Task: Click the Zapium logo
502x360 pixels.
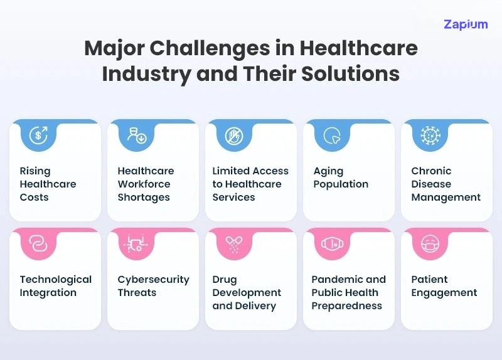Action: click(466, 24)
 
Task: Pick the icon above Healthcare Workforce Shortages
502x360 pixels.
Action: click(136, 135)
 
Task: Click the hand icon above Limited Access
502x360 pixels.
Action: click(234, 135)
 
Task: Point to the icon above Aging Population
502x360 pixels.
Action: click(332, 135)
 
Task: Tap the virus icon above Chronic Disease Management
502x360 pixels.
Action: click(430, 135)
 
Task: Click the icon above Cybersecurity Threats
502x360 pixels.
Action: click(136, 243)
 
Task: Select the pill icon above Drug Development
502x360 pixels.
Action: click(234, 243)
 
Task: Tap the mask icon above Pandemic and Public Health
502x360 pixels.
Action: click(332, 243)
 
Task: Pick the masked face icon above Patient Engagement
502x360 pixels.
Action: click(430, 243)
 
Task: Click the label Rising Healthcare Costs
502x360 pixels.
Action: click(48, 184)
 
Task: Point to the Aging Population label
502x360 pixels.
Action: click(341, 177)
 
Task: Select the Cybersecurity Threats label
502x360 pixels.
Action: click(153, 286)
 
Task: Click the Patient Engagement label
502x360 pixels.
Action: click(444, 286)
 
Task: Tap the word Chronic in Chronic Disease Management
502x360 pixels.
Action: click(431, 171)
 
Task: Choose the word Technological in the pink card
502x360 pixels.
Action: click(55, 279)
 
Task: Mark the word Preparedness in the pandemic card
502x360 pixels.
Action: click(346, 306)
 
